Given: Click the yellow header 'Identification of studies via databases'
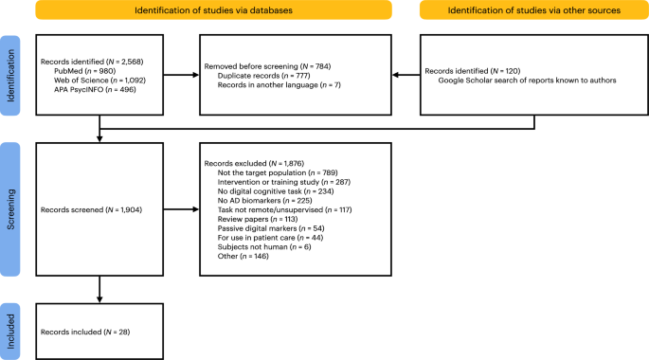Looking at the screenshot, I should coord(213,10).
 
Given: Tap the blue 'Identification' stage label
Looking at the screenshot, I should coord(10,76).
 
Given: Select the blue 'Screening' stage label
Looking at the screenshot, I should coord(10,209).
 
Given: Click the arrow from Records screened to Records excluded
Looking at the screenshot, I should coord(180,209).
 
